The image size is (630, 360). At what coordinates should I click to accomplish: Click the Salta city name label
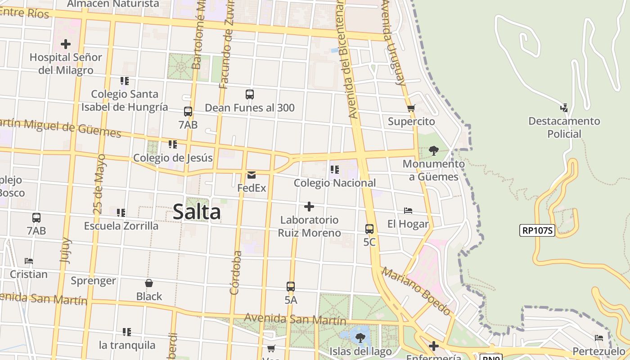197,212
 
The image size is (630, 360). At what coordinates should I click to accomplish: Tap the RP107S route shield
537,230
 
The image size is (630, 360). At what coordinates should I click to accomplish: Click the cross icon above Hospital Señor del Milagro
66,44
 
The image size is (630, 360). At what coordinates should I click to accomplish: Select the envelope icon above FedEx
252,175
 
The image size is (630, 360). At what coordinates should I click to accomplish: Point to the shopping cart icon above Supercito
411,108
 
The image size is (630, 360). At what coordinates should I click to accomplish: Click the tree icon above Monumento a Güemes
434,151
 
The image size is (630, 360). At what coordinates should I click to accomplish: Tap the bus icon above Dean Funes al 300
250,94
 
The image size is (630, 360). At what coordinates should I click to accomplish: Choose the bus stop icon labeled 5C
369,229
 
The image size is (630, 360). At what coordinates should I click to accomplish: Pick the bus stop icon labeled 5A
291,287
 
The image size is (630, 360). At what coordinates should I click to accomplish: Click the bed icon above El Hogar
408,211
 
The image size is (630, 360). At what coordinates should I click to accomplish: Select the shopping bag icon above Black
149,283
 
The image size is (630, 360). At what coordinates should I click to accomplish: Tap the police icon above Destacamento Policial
564,108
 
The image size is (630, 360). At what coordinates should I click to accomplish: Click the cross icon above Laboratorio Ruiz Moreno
309,207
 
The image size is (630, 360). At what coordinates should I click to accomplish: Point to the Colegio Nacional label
335,183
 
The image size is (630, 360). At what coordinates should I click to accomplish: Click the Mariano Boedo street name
416,291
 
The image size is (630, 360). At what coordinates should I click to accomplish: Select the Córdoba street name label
235,273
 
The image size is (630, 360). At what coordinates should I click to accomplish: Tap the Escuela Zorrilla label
121,226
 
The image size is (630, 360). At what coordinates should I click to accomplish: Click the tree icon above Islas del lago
360,337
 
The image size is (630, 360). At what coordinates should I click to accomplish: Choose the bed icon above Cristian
29,261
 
